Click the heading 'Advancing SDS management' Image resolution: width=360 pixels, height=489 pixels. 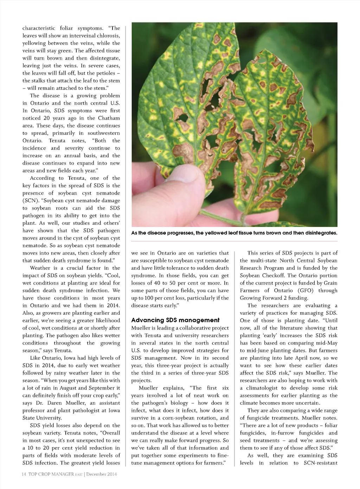175,320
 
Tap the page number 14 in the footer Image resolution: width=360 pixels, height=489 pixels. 24,474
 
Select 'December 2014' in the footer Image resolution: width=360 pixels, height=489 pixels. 102,474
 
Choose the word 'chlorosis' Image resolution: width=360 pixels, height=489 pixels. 107,35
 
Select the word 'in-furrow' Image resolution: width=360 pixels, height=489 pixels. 283,433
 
